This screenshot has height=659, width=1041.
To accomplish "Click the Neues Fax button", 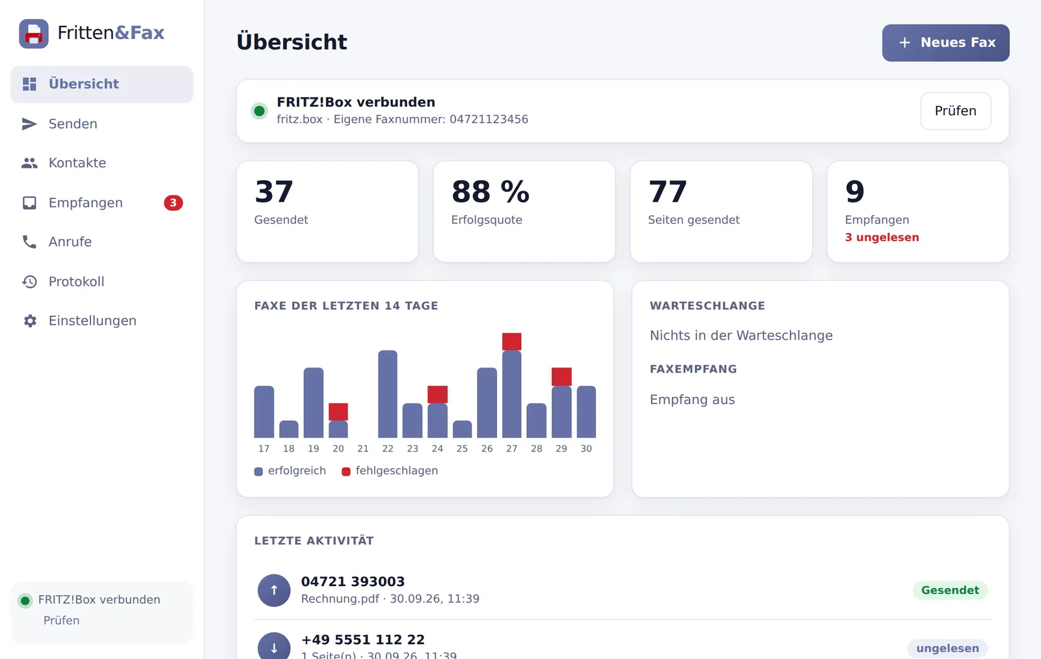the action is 945,43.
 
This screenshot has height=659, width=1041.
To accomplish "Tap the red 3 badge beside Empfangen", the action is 173,202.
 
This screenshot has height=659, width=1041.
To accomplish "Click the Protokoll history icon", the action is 30,282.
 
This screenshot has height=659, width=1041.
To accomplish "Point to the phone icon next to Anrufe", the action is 30,241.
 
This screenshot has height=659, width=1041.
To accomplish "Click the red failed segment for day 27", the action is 511,342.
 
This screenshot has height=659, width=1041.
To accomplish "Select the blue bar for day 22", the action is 388,394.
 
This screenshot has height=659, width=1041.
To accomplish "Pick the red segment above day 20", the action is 338,412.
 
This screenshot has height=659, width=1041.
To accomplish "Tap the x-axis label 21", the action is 363,448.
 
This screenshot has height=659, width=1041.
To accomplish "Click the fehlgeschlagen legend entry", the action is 390,471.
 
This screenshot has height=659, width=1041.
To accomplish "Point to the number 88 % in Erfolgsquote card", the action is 491,191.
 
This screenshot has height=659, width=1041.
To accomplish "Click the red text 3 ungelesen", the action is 882,237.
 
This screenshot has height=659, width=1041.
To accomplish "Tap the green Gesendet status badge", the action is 950,590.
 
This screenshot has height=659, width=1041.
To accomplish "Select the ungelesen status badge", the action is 947,649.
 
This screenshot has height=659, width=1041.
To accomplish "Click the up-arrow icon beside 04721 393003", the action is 274,590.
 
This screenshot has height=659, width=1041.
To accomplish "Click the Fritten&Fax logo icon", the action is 34,33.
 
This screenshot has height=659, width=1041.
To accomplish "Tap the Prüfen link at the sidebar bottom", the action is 61,621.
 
